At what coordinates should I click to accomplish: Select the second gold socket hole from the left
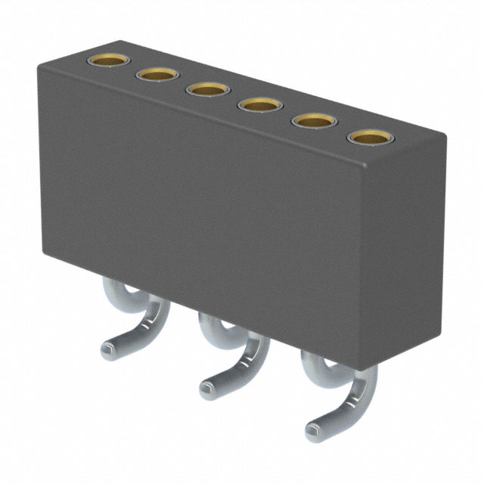157,74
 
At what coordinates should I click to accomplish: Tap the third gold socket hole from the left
206,89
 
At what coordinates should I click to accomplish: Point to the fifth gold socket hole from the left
312,120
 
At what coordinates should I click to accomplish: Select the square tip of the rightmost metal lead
314,432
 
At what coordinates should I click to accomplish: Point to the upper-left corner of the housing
39,67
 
